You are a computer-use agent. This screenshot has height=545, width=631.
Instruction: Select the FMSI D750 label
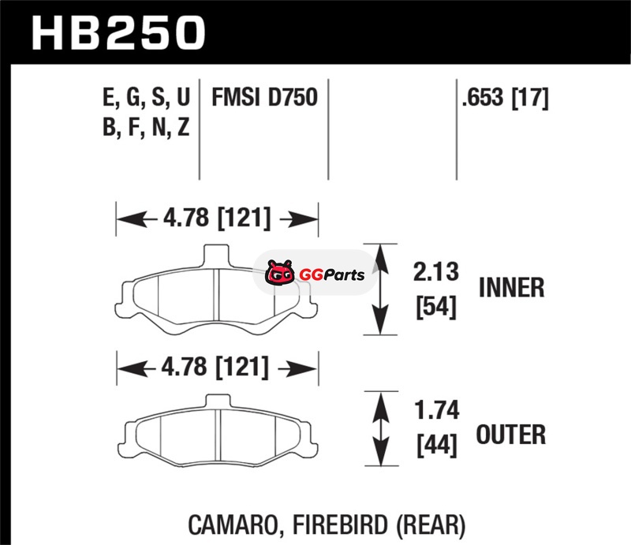pos(263,99)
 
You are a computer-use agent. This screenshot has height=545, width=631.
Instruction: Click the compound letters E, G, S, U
pos(146,99)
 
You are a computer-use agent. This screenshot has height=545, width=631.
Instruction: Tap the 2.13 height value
pos(435,273)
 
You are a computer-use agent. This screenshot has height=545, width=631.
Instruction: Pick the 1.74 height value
pos(435,411)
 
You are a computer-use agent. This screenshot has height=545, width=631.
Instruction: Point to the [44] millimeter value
pos(435,446)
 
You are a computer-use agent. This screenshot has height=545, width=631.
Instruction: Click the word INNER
pos(512,288)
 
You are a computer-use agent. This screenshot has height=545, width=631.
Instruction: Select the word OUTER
pos(511,434)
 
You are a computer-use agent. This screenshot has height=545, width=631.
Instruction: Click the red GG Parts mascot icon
pos(279,274)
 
